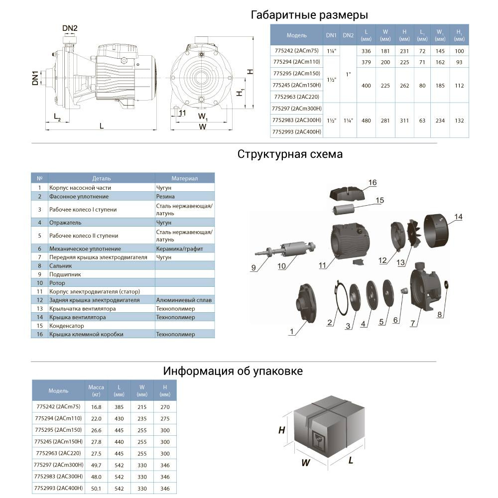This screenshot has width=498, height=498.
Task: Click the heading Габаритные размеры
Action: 309,15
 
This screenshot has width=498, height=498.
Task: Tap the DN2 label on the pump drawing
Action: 70,28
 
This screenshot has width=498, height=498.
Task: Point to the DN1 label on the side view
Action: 35,79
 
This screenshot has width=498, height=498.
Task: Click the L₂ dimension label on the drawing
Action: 57,118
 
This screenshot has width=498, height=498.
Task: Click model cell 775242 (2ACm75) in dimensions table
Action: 297,51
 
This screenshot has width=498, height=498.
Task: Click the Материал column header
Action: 185,178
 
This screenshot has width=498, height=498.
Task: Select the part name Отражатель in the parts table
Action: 65,223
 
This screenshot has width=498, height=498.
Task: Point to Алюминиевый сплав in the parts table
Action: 184,300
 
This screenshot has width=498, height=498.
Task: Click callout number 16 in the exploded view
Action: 373,183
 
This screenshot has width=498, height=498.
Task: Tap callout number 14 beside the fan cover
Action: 458,217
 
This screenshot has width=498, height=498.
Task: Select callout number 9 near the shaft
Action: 253,268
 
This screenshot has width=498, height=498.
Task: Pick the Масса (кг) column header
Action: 96,390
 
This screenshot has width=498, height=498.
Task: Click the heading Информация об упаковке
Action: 233,372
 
